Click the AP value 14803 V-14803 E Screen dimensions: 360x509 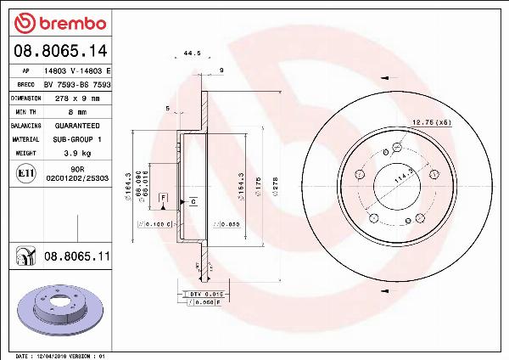tap(78, 71)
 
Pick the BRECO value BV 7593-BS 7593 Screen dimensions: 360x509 tap(78, 85)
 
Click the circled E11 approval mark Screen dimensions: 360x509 tap(25, 176)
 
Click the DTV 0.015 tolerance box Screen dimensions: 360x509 tap(200, 293)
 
